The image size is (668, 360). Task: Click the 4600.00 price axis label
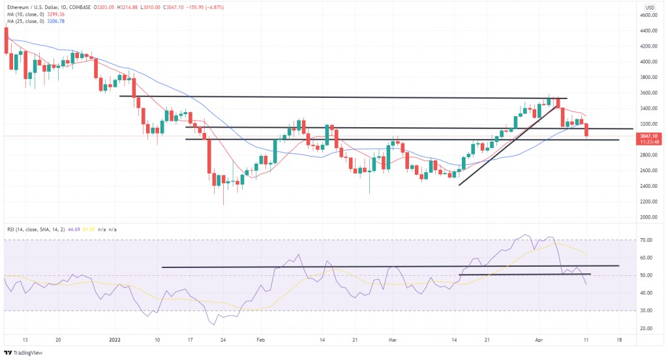pos(647,15)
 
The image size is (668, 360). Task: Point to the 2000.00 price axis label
pos(647,217)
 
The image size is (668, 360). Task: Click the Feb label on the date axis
pos(260,340)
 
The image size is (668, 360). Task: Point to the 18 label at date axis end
pos(618,340)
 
